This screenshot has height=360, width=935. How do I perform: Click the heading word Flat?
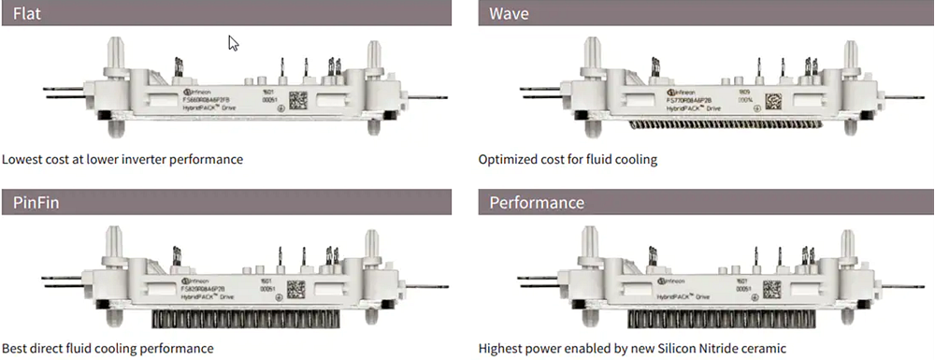28,13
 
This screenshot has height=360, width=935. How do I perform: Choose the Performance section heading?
537,202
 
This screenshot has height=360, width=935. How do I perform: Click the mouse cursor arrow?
233,43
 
